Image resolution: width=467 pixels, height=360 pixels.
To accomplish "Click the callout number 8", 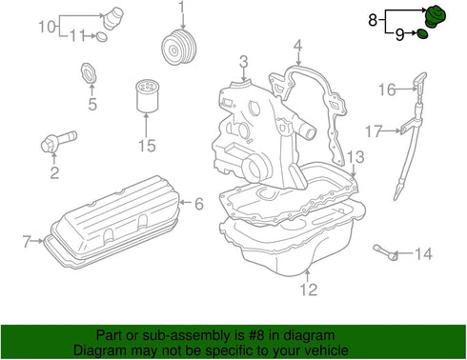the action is (x=373, y=20).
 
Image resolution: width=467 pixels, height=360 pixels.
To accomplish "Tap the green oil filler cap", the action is (x=436, y=16).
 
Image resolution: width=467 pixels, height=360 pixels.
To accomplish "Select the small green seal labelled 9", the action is (x=422, y=34).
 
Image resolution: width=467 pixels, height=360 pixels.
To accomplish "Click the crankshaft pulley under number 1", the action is (x=179, y=48).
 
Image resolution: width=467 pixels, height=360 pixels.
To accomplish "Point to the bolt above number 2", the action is (x=59, y=141).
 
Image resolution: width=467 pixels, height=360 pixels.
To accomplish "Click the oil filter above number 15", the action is (x=147, y=97).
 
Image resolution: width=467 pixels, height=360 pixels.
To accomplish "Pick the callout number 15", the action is (x=147, y=146).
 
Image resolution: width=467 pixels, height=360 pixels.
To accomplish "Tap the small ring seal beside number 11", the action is (x=102, y=36).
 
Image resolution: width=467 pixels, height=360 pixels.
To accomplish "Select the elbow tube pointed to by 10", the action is (x=112, y=18).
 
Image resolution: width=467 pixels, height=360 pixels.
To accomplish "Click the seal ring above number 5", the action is (x=88, y=72).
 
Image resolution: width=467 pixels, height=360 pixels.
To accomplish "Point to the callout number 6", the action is (x=199, y=204).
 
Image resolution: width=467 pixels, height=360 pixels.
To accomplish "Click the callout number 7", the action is (x=27, y=241).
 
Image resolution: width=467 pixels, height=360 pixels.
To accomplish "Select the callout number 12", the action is (x=309, y=290).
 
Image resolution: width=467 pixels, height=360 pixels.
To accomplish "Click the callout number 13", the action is (x=355, y=157).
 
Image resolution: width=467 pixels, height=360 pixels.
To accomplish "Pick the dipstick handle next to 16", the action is (x=420, y=81).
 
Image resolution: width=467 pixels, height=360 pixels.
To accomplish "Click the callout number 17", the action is (x=374, y=130).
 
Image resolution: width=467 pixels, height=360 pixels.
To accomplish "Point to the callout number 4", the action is (x=297, y=46).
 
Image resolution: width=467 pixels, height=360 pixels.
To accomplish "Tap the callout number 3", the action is (x=244, y=62).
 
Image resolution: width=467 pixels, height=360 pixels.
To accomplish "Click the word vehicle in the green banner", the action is (x=328, y=350).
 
